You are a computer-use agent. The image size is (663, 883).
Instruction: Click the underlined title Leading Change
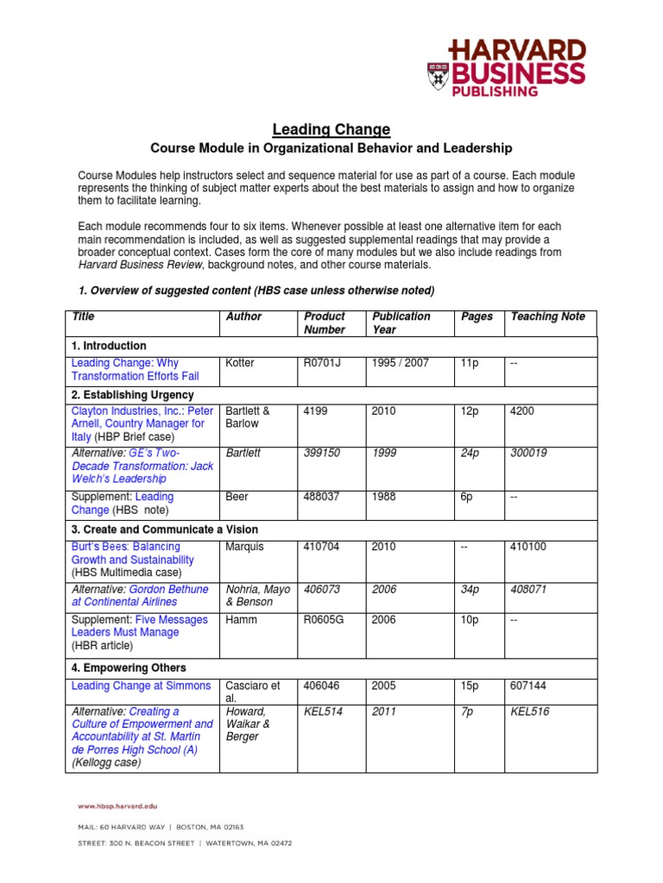(331, 130)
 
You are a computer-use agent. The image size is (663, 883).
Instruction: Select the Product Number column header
(324, 323)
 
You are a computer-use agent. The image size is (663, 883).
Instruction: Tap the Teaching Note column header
(547, 316)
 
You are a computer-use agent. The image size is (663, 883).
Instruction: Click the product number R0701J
(323, 364)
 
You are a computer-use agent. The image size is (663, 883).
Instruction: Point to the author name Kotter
(240, 364)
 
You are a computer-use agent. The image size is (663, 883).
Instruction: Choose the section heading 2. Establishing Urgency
(132, 395)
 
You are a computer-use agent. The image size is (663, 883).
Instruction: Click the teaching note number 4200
(522, 411)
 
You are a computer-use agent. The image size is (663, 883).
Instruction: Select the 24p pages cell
(471, 453)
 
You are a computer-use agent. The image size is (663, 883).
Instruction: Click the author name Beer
(237, 497)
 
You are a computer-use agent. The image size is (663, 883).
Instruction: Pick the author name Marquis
(244, 547)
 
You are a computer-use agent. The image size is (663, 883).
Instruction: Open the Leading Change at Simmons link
(141, 686)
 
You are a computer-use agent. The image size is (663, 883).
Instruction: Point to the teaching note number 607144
(528, 686)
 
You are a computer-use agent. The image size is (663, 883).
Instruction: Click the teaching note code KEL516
(529, 711)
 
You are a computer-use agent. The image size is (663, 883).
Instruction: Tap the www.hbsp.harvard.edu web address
(119, 807)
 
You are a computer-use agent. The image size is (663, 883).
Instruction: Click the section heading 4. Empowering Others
(129, 667)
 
